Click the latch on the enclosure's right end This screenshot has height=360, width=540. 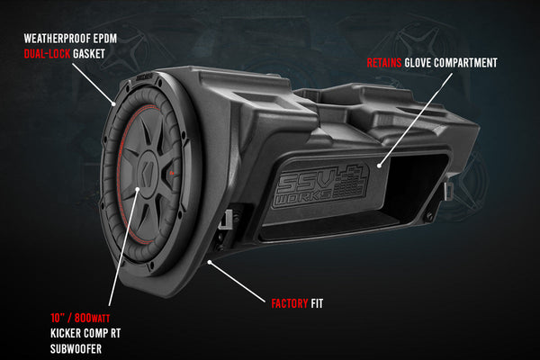[445, 192]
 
